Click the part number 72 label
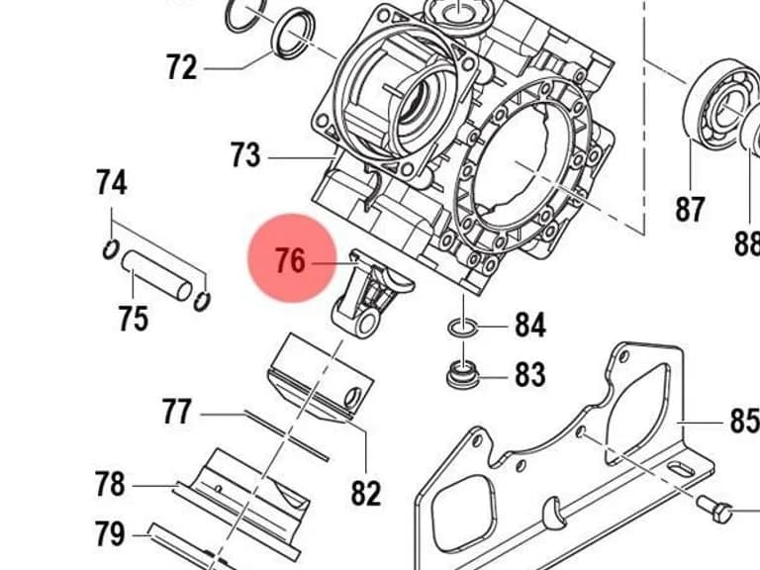point(182,67)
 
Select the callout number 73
point(244,154)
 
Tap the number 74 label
point(112,182)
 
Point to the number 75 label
point(134,318)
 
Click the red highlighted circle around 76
point(292,258)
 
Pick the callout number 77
point(176,411)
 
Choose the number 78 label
point(110,484)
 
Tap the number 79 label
point(110,533)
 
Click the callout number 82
point(366,494)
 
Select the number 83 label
point(530,374)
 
